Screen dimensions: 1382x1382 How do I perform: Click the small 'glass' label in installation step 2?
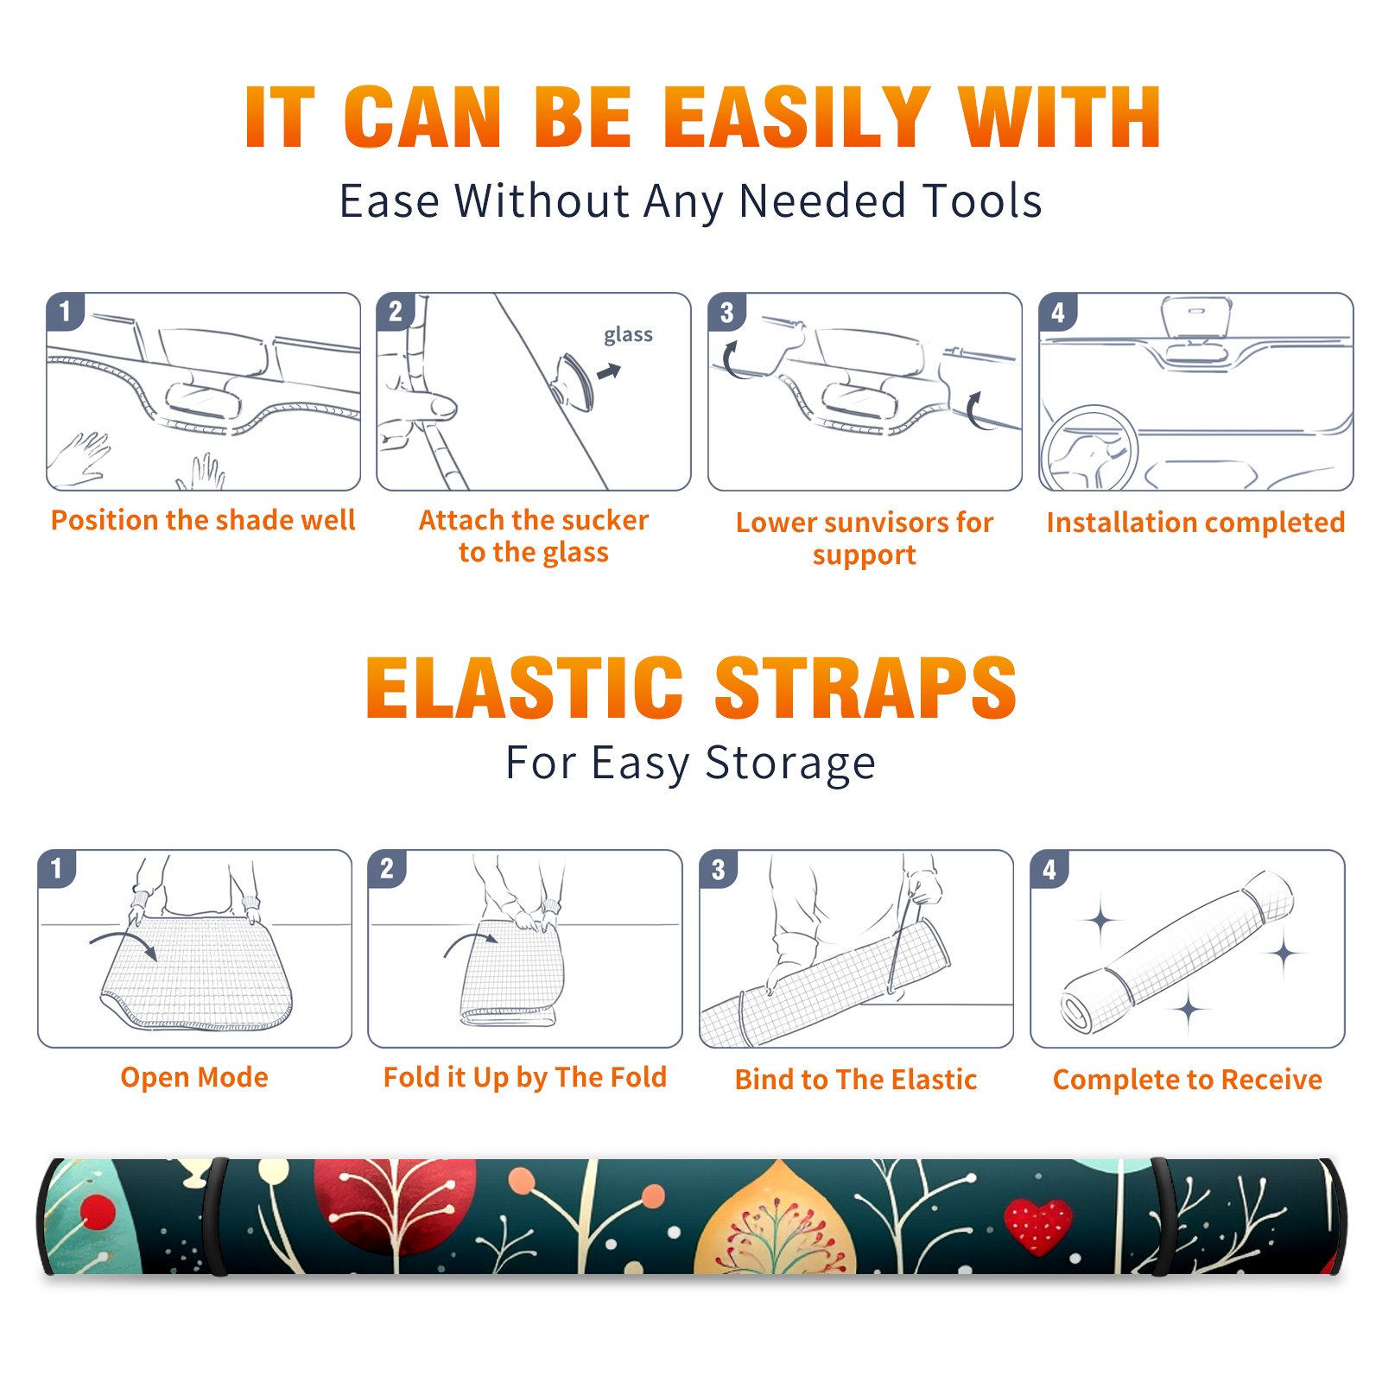[x=628, y=335]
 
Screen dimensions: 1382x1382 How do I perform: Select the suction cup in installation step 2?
[x=574, y=380]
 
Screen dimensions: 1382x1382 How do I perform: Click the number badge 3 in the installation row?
[x=726, y=312]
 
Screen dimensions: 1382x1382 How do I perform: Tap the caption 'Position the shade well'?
[x=203, y=520]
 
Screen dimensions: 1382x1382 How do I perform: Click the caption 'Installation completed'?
[x=1195, y=522]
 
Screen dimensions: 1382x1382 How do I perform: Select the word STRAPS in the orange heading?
[x=865, y=688]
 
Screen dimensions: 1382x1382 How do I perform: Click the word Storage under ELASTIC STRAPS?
[x=790, y=764]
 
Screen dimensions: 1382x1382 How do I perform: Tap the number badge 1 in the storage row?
[x=57, y=868]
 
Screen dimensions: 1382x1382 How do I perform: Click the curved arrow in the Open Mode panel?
[x=123, y=944]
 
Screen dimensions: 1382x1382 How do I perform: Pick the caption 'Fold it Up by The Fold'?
[x=525, y=1077]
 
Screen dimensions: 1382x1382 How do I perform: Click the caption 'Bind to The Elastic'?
[x=856, y=1080]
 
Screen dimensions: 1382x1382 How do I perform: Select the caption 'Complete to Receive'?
[x=1188, y=1080]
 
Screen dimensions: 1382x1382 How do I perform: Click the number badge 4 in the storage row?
[x=1049, y=868]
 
